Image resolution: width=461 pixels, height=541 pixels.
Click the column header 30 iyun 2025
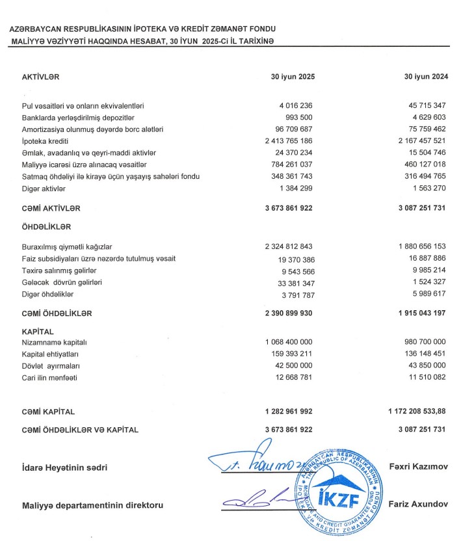coord(293,77)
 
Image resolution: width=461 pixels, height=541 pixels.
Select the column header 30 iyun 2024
coord(426,77)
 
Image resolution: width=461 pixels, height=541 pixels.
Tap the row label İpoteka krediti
coord(46,140)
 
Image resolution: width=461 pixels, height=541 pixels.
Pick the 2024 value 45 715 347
coord(423,105)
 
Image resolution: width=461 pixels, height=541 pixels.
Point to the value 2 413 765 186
coord(289,140)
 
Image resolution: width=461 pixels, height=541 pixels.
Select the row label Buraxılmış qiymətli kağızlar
coord(67,246)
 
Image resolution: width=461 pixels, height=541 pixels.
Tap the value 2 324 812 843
coord(289,246)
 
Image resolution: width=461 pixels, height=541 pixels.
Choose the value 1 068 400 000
coord(289,342)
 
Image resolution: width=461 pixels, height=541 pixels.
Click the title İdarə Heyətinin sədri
coord(64,468)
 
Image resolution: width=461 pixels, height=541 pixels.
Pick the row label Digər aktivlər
coord(45,188)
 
